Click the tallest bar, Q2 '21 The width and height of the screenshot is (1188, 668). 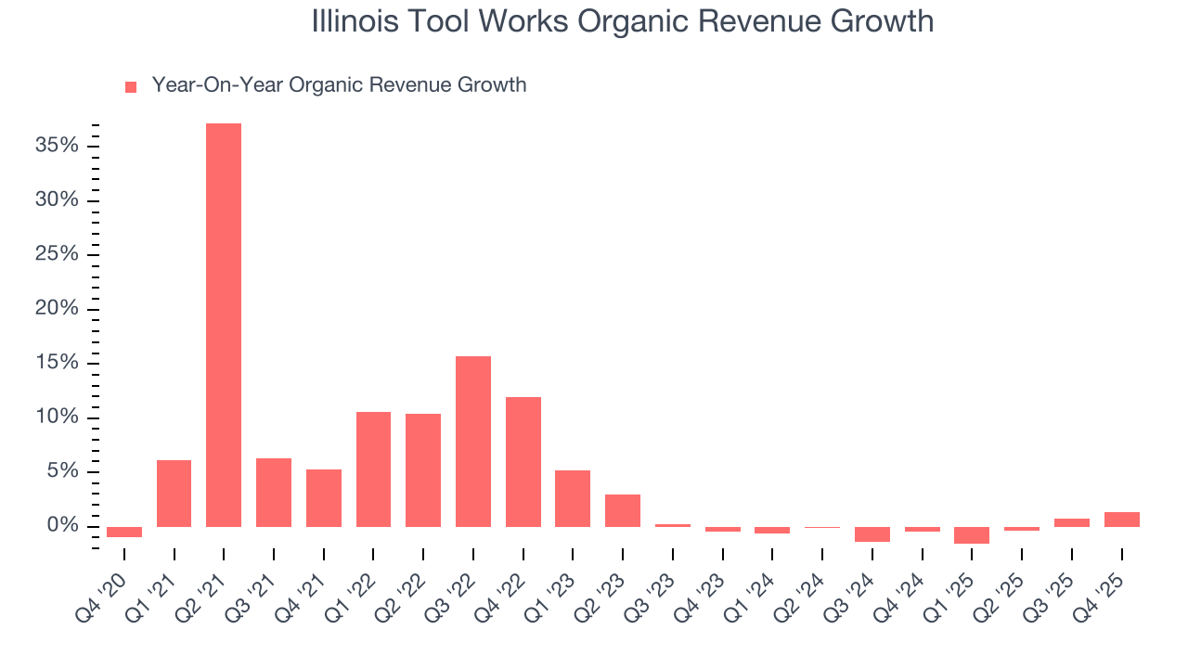pyautogui.click(x=224, y=325)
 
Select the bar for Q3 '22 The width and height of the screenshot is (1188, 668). pyautogui.click(x=473, y=442)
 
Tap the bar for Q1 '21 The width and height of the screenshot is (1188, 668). pyautogui.click(x=174, y=494)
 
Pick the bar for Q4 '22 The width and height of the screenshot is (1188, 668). pyautogui.click(x=523, y=462)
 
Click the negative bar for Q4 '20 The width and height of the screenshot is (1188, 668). pyautogui.click(x=124, y=532)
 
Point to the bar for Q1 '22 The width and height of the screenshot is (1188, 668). pyautogui.click(x=373, y=469)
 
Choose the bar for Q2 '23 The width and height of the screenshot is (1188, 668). pyautogui.click(x=623, y=510)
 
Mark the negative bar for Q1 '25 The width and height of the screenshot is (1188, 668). pyautogui.click(x=972, y=534)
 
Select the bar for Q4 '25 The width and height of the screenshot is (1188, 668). pyautogui.click(x=1121, y=520)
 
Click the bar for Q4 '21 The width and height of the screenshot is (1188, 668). pyautogui.click(x=324, y=498)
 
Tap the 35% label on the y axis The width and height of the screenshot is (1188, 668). pyautogui.click(x=58, y=146)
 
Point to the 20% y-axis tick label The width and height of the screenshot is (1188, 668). pyautogui.click(x=58, y=309)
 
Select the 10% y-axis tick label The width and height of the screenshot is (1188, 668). pyautogui.click(x=58, y=417)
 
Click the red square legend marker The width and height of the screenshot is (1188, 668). pyautogui.click(x=131, y=86)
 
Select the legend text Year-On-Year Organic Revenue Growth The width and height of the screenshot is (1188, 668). pyautogui.click(x=339, y=85)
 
